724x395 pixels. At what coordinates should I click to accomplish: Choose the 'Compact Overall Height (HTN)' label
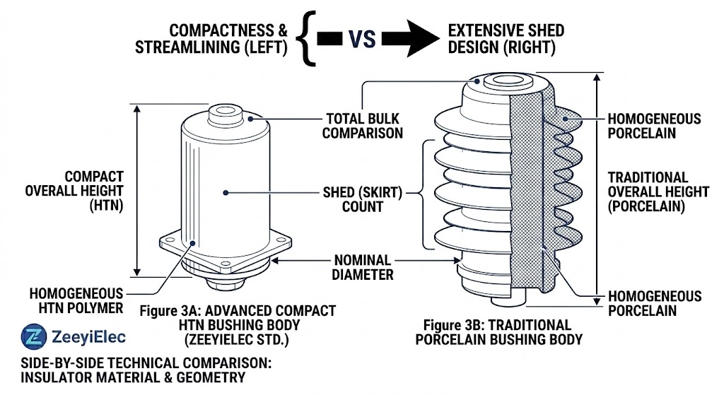[94, 191]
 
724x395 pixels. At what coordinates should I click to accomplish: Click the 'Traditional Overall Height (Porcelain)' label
[648, 191]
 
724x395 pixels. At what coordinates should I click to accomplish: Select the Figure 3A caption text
[237, 324]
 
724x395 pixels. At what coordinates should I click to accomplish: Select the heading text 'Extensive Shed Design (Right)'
[506, 40]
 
